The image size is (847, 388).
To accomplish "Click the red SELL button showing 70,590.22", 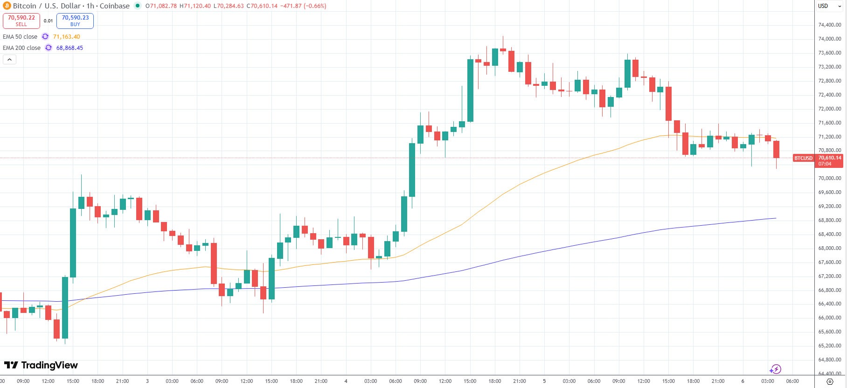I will (21, 21).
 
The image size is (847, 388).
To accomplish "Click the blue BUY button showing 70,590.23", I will (75, 21).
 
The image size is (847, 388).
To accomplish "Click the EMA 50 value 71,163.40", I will (66, 36).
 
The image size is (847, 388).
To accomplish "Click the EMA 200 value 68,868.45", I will (69, 48).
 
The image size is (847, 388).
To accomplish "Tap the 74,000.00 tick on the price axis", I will (830, 39).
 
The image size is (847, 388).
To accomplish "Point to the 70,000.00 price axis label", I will (830, 178).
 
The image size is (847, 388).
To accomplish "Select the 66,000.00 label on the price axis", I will (830, 318).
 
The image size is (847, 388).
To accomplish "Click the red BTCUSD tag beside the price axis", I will (803, 158).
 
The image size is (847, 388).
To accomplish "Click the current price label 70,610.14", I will (830, 158).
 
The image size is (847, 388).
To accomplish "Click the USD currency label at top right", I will (823, 6).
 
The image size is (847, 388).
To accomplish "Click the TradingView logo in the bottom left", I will (41, 365).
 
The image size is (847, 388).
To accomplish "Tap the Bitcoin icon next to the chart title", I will (7, 6).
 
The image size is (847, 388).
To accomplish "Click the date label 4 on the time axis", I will (346, 381).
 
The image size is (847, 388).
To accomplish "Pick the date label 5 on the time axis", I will (544, 381).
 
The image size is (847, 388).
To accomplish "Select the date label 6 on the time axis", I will (743, 381).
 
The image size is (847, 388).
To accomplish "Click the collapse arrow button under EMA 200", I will (9, 59).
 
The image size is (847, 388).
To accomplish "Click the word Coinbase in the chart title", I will (114, 6).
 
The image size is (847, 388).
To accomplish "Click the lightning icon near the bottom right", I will (775, 369).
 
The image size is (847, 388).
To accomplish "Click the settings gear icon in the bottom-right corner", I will (830, 381).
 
